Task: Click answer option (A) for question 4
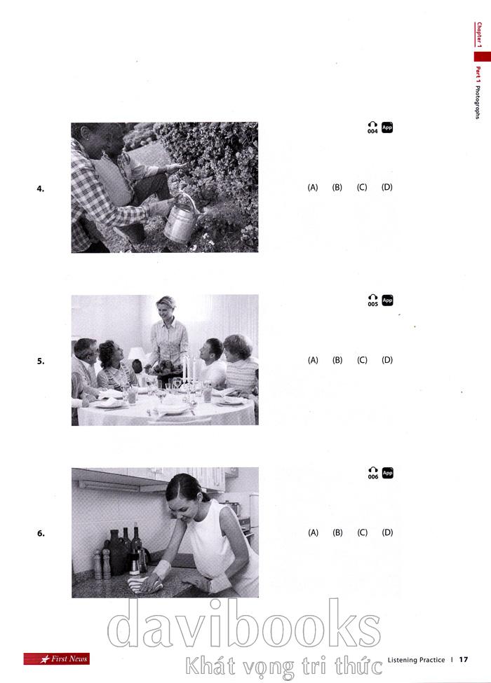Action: [313, 187]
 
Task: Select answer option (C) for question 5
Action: [362, 360]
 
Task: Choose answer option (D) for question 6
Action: [387, 532]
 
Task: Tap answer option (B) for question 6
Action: [337, 532]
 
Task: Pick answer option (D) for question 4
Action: [386, 187]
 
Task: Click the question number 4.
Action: [41, 188]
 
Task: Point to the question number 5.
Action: [41, 361]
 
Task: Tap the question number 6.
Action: [41, 534]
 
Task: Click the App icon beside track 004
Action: [386, 127]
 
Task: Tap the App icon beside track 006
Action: [387, 473]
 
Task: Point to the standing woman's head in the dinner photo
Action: [166, 307]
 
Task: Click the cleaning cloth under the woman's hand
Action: [144, 584]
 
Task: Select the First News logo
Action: [57, 658]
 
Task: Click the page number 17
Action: [464, 659]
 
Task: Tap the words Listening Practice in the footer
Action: [416, 660]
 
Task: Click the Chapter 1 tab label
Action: [479, 34]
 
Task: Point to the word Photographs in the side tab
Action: [478, 102]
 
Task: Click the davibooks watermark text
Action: [244, 625]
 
